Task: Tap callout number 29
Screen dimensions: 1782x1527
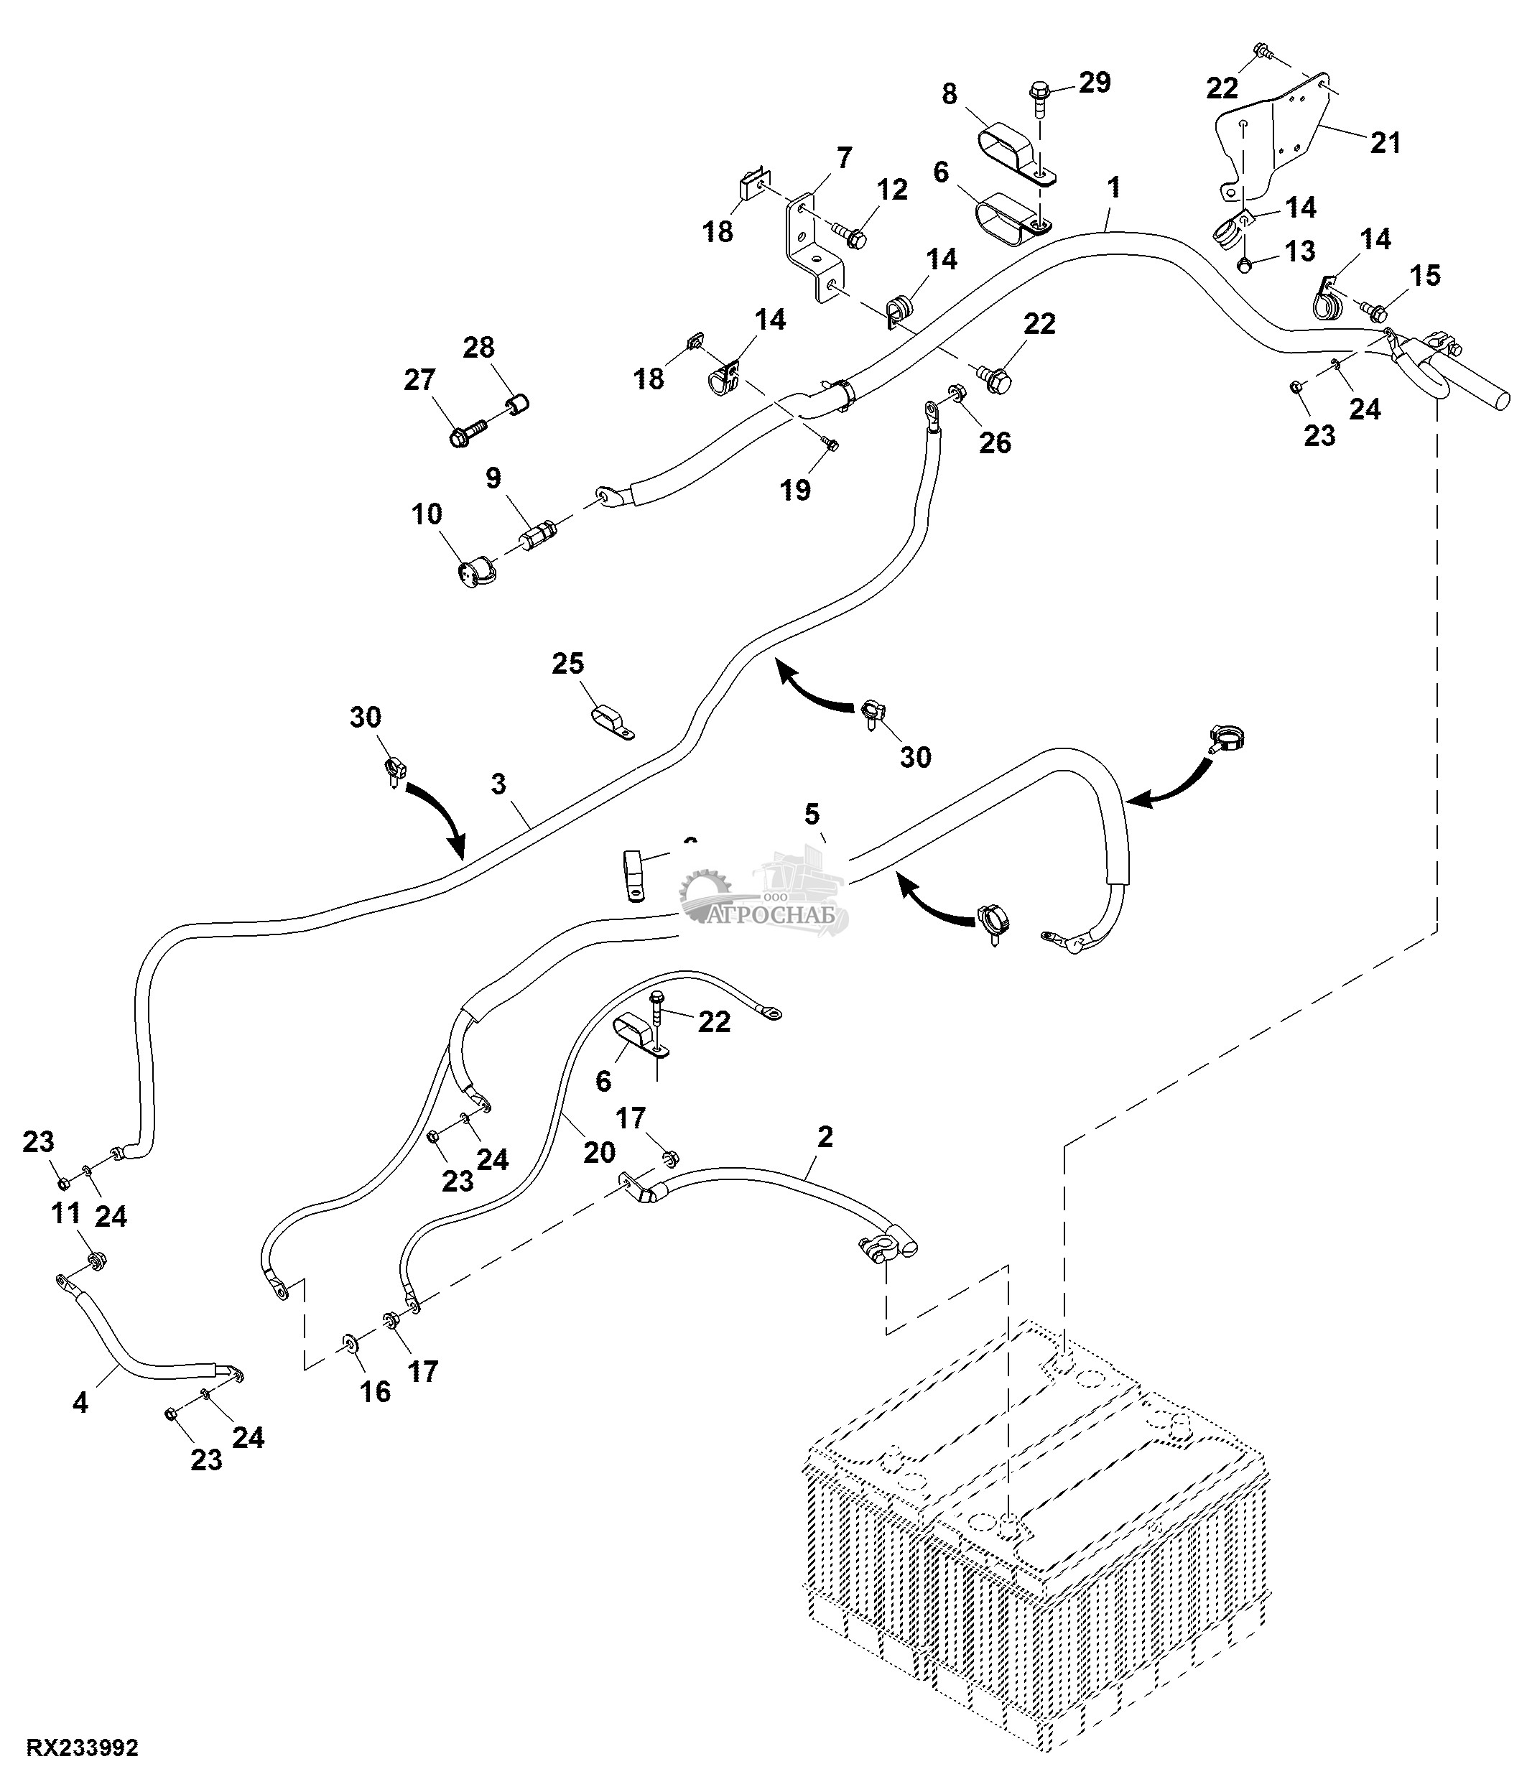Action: (1094, 83)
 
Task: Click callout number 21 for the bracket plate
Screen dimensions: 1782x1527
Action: (1385, 143)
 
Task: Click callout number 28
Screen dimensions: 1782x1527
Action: (479, 348)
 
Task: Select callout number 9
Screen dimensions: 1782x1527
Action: (493, 478)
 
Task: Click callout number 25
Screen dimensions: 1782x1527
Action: (567, 664)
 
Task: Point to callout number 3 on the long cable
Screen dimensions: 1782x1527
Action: (498, 784)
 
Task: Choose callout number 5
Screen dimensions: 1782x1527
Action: (812, 814)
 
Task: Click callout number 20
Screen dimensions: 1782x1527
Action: (599, 1151)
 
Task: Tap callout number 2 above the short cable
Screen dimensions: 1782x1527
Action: (825, 1137)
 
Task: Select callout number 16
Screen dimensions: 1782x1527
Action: (375, 1391)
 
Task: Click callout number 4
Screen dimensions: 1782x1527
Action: (80, 1403)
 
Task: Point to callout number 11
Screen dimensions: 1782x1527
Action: (66, 1214)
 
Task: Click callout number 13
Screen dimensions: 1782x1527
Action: (1299, 251)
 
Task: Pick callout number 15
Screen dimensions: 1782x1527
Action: (1425, 276)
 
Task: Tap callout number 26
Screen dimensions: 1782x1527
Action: (995, 443)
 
